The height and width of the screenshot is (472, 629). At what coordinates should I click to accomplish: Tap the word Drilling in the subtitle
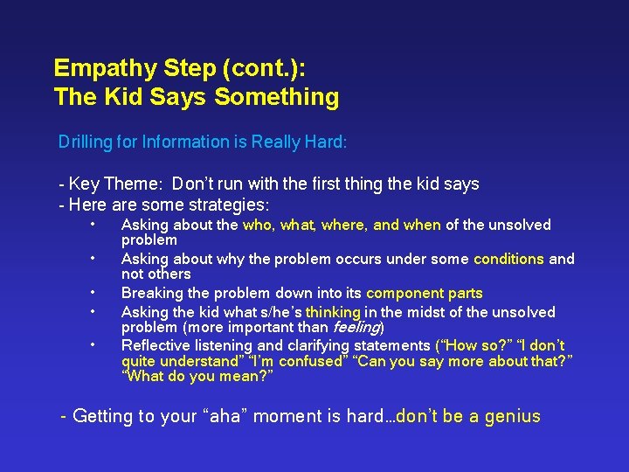(86, 142)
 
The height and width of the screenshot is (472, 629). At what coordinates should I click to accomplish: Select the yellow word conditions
(508, 259)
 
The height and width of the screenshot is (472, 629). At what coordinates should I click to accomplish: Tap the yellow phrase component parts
(424, 294)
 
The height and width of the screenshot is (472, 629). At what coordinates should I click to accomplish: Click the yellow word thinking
(333, 312)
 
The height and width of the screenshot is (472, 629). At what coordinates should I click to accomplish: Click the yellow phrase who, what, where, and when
(342, 226)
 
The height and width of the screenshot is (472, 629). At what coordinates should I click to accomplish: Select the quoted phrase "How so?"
(466, 346)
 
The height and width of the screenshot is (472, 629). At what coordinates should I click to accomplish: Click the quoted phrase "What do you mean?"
(197, 377)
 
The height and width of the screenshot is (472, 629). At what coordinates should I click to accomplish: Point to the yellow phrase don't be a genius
(469, 417)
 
